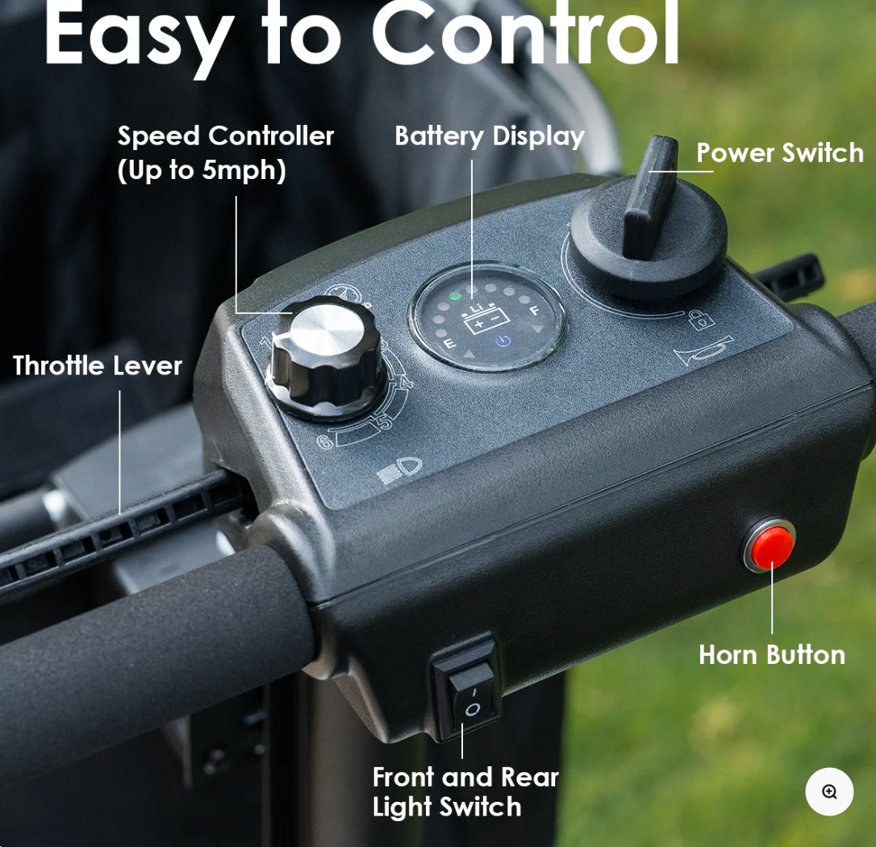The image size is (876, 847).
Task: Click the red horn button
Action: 770,546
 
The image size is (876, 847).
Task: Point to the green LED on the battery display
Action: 455,296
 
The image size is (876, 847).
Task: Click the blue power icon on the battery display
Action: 502,341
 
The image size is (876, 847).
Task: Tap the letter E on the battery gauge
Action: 450,344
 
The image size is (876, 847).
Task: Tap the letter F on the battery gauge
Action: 533,309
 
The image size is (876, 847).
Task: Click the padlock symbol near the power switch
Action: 701,320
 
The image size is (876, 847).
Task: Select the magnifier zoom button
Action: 829,791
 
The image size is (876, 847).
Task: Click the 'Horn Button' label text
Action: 772,654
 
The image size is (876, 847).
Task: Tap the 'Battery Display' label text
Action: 489,136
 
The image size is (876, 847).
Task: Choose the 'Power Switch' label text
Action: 779,152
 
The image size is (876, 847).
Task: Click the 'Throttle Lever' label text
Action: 98,365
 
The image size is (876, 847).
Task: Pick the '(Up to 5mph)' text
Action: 202,170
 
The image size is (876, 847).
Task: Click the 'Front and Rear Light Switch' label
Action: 465,791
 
